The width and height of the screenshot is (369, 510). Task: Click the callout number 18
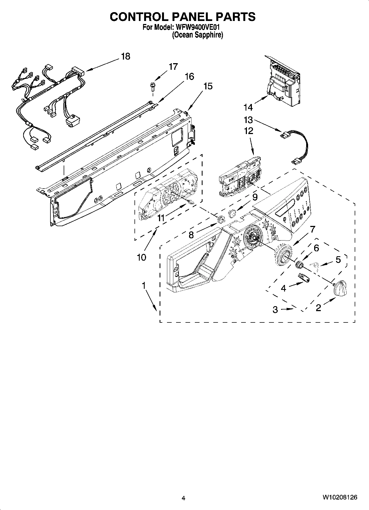pyautogui.click(x=125, y=56)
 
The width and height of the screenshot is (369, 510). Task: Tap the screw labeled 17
pyautogui.click(x=152, y=86)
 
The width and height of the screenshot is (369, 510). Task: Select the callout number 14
pyautogui.click(x=248, y=107)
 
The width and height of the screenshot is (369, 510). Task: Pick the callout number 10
pyautogui.click(x=141, y=257)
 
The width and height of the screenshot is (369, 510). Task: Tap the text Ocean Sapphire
pyautogui.click(x=197, y=35)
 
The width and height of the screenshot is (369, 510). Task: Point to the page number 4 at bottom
pyautogui.click(x=183, y=498)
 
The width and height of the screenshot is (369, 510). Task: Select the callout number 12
pyautogui.click(x=248, y=130)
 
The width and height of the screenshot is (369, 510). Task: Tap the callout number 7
pyautogui.click(x=312, y=229)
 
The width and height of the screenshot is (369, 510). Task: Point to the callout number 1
pyautogui.click(x=144, y=286)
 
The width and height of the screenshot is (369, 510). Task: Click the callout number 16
pyautogui.click(x=189, y=76)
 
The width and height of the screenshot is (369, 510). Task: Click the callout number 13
pyautogui.click(x=248, y=120)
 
